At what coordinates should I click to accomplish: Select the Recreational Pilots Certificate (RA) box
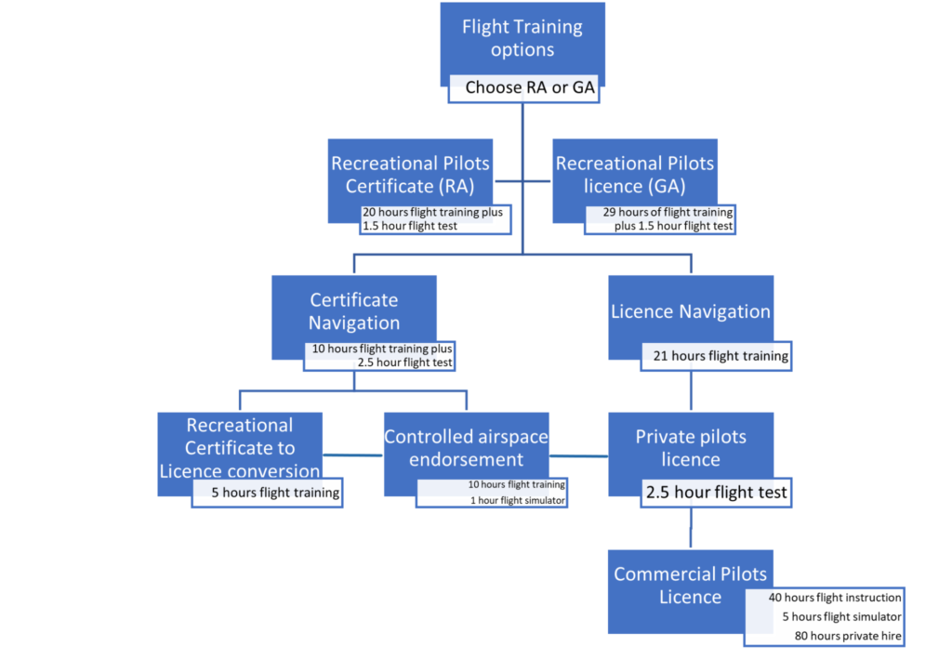click(x=410, y=174)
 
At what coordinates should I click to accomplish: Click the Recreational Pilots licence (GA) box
click(x=635, y=174)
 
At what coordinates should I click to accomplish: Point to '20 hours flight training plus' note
click(x=432, y=212)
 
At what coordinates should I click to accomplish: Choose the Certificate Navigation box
click(x=354, y=310)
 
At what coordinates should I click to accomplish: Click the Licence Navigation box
click(x=691, y=311)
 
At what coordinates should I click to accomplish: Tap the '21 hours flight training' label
click(x=716, y=355)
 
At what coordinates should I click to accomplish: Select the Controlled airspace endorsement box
click(x=466, y=447)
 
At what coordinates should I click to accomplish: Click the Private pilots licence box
click(x=691, y=447)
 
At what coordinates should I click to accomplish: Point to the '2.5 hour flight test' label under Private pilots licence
click(x=716, y=493)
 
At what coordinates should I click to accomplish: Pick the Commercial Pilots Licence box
click(x=690, y=585)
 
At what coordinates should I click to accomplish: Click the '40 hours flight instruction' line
click(x=835, y=598)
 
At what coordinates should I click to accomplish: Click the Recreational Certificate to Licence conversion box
click(x=240, y=447)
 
